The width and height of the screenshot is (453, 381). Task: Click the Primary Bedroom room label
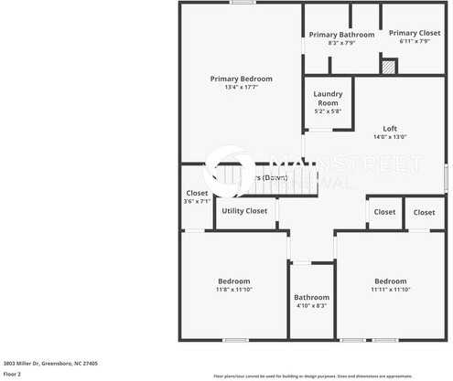[242, 79]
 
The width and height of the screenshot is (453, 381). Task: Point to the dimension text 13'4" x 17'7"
[242, 87]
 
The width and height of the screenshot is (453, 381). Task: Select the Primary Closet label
[415, 33]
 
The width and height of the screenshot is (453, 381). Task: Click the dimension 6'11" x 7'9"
[415, 41]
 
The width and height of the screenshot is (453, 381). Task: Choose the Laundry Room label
[328, 99]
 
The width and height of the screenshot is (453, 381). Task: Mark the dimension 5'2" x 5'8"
[328, 111]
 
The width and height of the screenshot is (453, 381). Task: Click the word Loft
[390, 128]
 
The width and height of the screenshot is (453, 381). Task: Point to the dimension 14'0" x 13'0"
[390, 136]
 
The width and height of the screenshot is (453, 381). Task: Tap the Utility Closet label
[244, 211]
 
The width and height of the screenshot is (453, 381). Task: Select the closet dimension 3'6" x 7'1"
[197, 201]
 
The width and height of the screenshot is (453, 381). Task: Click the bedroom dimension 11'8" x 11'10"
[233, 289]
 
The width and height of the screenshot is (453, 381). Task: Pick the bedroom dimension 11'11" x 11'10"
[391, 289]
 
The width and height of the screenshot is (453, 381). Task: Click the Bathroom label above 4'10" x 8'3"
[311, 297]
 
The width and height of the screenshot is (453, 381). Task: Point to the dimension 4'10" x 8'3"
[311, 305]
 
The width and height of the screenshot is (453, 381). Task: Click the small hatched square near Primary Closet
[389, 67]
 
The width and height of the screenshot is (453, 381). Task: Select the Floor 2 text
[12, 374]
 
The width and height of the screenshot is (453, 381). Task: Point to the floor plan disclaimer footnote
[325, 376]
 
